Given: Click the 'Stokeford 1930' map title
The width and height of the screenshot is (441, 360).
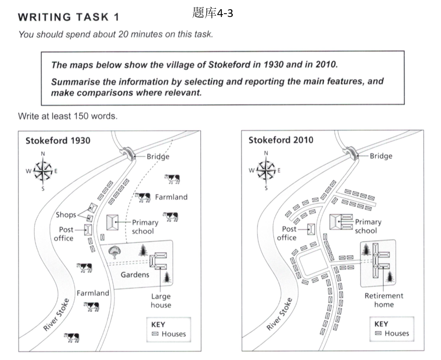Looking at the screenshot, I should point(58,141).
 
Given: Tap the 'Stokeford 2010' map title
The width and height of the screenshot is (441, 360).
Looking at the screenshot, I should point(281,140).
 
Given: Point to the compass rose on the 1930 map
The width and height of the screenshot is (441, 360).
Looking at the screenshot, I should point(43,171).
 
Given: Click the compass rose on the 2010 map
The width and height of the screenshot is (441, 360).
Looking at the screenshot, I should point(266,170).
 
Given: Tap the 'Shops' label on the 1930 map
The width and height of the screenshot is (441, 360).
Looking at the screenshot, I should point(66,215).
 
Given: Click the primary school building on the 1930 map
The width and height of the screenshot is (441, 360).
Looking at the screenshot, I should point(113,223).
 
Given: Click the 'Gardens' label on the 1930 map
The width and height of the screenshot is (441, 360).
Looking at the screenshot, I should point(135,274).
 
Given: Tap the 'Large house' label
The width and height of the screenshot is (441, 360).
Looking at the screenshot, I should point(160,301).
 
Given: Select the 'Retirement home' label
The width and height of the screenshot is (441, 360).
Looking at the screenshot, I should point(384,300).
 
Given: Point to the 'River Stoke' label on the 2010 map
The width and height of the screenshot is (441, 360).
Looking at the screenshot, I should point(279,314).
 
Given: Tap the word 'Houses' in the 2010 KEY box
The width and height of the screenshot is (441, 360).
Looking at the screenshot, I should point(397,333).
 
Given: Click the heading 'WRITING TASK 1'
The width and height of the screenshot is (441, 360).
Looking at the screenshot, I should point(68,17).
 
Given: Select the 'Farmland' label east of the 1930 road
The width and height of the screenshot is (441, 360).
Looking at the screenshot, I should point(171,197).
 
